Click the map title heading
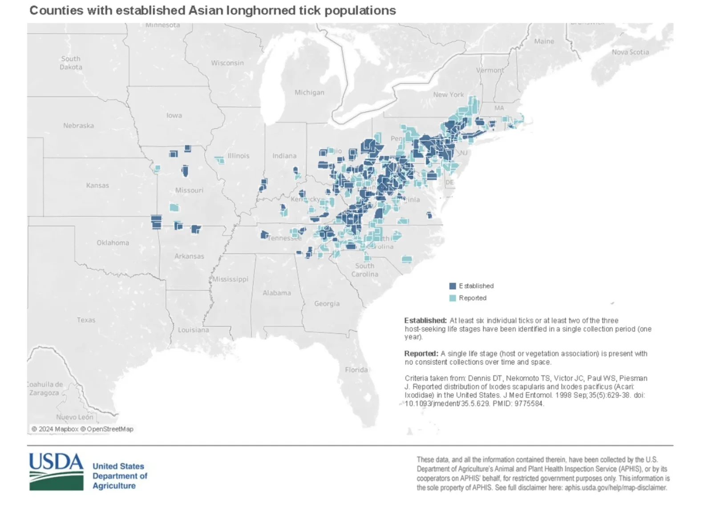pyautogui.click(x=212, y=11)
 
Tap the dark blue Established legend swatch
pyautogui.click(x=453, y=286)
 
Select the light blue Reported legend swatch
pyautogui.click(x=453, y=298)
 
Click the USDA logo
pyautogui.click(x=56, y=472)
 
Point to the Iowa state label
pyautogui.click(x=174, y=115)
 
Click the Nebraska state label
pyautogui.click(x=78, y=125)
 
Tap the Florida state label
pyautogui.click(x=356, y=370)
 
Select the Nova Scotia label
pyautogui.click(x=630, y=52)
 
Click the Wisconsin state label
pyautogui.click(x=227, y=63)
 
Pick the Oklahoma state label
pyautogui.click(x=113, y=242)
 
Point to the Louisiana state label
pyautogui.click(x=193, y=330)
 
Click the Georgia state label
pyautogui.click(x=327, y=303)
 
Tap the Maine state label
pyautogui.click(x=544, y=41)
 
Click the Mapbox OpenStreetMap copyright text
pyautogui.click(x=82, y=429)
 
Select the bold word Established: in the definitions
pyautogui.click(x=425, y=320)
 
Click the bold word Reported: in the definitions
pyautogui.click(x=421, y=354)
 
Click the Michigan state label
pyautogui.click(x=309, y=93)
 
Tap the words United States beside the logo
pyautogui.click(x=118, y=466)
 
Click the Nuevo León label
pyautogui.click(x=74, y=417)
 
